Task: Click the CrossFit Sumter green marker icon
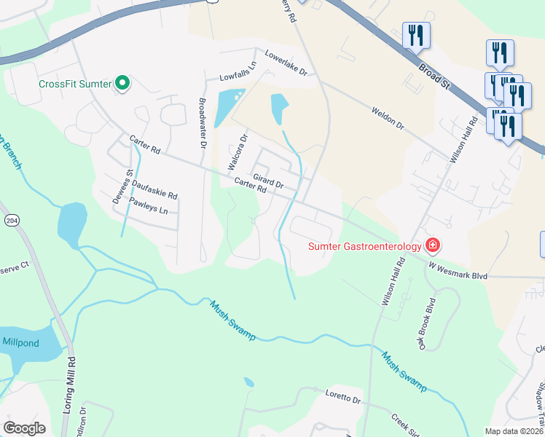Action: [122, 84]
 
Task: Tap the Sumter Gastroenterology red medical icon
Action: [433, 245]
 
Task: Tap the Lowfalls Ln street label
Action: [238, 76]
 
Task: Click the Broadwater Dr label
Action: [203, 119]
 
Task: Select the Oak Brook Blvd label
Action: [427, 322]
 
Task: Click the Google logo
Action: [24, 428]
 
